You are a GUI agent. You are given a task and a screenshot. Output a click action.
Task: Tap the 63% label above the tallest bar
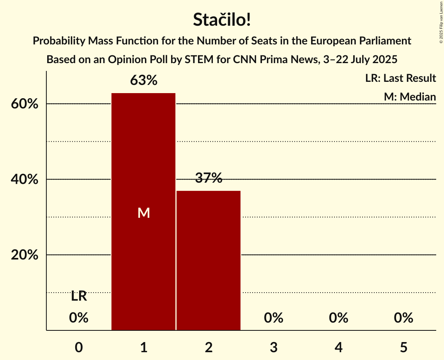pos(143,81)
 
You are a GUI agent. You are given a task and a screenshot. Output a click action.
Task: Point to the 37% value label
pos(209,178)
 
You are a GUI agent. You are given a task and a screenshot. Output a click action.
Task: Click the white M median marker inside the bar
pos(143,213)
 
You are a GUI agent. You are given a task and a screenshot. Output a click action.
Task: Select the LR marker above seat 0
pos(79,296)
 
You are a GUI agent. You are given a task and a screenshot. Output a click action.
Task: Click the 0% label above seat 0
pos(79,318)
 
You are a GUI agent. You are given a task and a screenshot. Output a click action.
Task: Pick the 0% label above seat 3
pos(274,318)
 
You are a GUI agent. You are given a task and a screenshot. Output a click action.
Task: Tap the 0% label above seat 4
pos(338,318)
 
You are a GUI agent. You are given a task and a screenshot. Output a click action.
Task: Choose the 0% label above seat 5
pos(403,318)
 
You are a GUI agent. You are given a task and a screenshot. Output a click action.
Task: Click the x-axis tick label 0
pos(79,347)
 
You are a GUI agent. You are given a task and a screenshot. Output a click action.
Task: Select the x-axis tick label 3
pos(274,347)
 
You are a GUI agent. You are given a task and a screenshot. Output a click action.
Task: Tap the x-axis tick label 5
pos(403,347)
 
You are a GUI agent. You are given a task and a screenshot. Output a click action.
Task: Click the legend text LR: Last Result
pos(400,78)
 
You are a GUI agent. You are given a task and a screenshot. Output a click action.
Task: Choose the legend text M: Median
pos(410,97)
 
